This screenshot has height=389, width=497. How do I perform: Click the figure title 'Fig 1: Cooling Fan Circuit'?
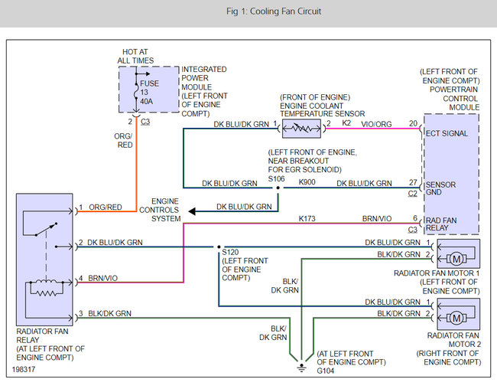click(x=248, y=11)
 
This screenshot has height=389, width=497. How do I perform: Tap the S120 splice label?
click(x=230, y=251)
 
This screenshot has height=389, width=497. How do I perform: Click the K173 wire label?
click(x=308, y=219)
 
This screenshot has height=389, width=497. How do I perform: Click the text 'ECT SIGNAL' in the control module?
click(x=448, y=133)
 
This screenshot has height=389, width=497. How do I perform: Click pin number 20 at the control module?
click(x=413, y=123)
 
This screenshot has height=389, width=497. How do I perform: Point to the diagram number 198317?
click(x=27, y=368)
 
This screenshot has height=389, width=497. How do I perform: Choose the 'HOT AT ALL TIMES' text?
click(x=135, y=56)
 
